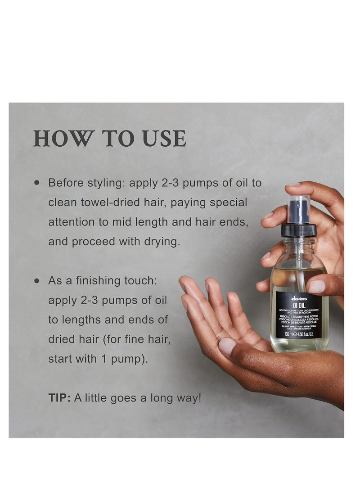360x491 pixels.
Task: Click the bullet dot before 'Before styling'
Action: (x=37, y=183)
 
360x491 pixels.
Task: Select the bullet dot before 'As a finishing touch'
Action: (x=37, y=281)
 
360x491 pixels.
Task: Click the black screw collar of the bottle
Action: (x=298, y=230)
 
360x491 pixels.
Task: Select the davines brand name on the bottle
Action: (x=299, y=297)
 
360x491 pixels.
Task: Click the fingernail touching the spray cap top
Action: (x=292, y=185)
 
